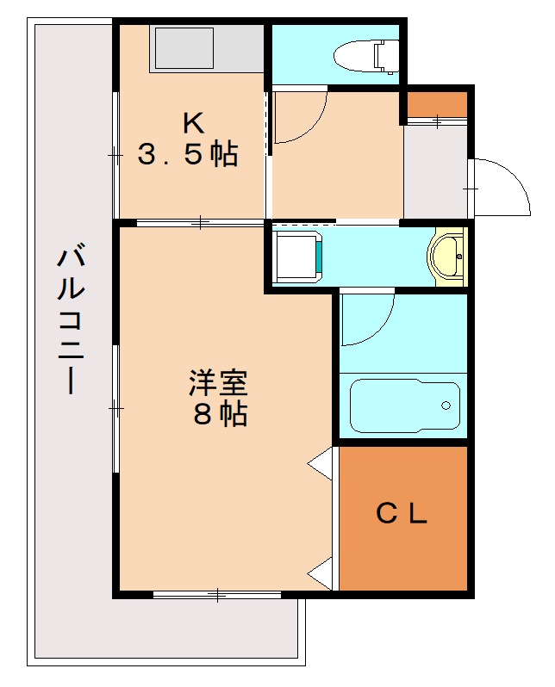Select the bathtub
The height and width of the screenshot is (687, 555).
click(404, 405)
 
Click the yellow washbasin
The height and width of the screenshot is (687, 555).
click(447, 256)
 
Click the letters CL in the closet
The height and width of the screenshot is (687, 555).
click(402, 514)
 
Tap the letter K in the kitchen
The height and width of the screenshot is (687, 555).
click(191, 121)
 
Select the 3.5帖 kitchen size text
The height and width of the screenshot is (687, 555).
click(188, 155)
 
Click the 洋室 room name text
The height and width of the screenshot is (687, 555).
click(219, 381)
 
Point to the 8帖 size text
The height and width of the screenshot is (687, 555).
click(220, 415)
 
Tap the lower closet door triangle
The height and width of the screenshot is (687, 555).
click(321, 572)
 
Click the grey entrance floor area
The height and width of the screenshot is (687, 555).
click(435, 172)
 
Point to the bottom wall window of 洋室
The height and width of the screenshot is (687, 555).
click(217, 594)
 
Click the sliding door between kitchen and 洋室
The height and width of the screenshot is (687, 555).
click(200, 223)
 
